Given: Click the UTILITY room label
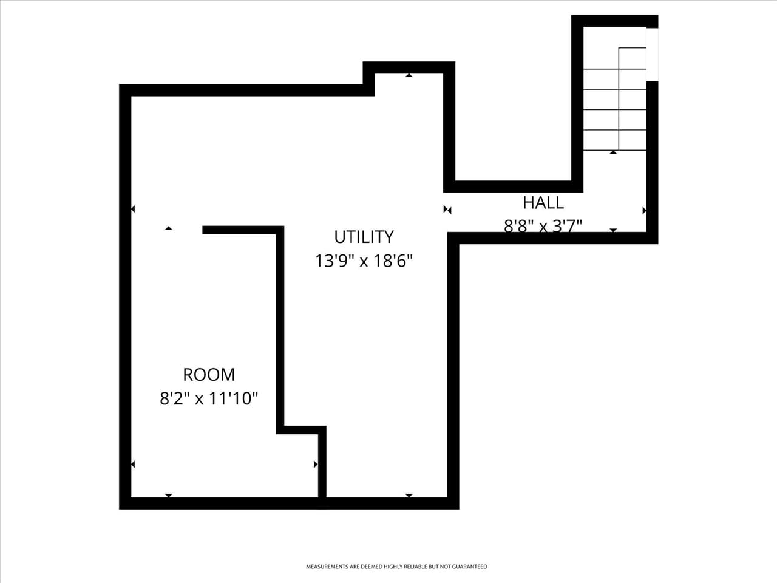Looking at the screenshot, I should tap(364, 236).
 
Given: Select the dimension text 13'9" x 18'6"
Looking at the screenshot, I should tap(364, 261).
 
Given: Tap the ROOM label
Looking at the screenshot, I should tap(209, 374).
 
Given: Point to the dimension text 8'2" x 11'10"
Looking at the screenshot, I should tap(209, 399).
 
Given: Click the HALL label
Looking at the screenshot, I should tap(543, 202).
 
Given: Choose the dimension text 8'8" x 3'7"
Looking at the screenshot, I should tap(543, 226).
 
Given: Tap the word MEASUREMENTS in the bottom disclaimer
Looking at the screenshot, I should tap(327, 567).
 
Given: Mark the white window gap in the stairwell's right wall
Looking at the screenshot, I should tap(652, 55).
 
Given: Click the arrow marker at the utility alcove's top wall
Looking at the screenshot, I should tap(409, 75).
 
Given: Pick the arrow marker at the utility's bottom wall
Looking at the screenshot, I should tap(409, 496).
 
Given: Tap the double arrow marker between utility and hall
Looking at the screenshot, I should tap(447, 210).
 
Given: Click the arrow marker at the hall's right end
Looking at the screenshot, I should tap(644, 210).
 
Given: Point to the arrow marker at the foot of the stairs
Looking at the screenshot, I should tap(613, 152).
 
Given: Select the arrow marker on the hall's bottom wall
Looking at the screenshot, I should tap(613, 230).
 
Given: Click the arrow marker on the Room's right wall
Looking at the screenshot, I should tap(316, 465).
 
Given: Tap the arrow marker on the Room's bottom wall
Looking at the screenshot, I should tap(169, 496).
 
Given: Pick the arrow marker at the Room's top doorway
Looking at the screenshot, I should tap(169, 228).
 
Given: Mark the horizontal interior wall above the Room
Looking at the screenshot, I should tap(243, 230).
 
